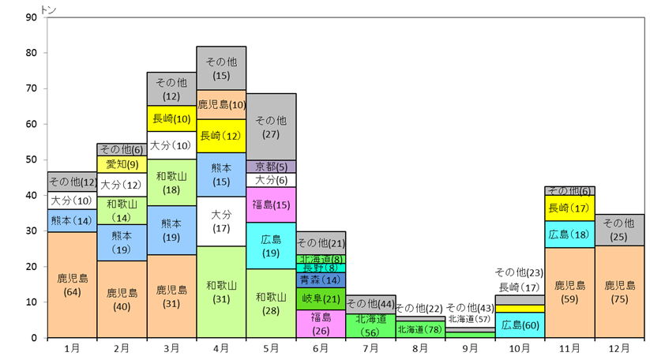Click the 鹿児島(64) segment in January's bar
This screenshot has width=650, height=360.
click(72, 285)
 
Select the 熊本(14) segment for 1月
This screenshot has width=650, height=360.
click(72, 221)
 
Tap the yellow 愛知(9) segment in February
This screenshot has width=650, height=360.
click(122, 164)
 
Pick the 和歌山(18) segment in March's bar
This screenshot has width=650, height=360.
click(171, 182)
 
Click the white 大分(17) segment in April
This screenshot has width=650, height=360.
click(221, 222)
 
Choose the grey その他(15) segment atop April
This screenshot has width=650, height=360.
click(221, 69)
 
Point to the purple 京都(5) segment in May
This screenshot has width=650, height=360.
click(271, 167)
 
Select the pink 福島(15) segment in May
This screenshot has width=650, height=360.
click(271, 204)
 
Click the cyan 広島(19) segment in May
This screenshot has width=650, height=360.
click(271, 246)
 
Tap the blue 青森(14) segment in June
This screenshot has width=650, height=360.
click(321, 280)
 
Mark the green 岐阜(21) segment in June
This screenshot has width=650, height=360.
click(321, 298)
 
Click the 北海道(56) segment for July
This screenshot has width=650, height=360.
click(370, 326)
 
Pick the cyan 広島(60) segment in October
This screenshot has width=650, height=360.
click(520, 325)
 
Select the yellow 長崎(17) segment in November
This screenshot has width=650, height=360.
click(569, 208)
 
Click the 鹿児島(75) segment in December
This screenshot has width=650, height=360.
click(619, 292)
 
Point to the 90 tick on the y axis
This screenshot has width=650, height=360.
click(31, 17)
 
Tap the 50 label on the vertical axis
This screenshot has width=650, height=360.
click(31, 160)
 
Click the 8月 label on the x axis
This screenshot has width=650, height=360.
click(420, 348)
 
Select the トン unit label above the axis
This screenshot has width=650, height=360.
click(48, 9)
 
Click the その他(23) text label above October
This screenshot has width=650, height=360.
click(519, 272)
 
